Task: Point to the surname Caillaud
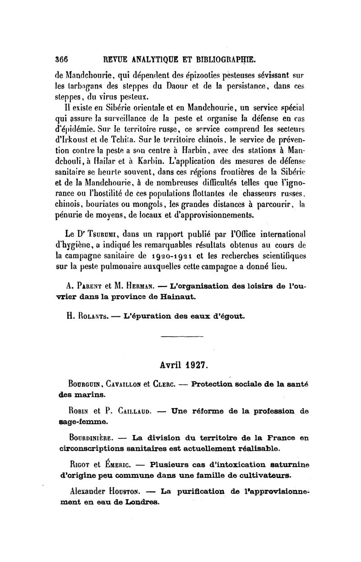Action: (x=127, y=411)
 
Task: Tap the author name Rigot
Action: (x=77, y=464)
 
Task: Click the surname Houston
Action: (x=128, y=491)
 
